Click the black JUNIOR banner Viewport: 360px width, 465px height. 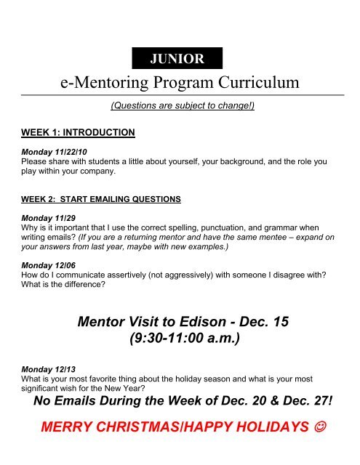tap(177, 58)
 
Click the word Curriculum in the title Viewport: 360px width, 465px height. tap(252, 84)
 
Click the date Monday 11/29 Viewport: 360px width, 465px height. tap(43, 217)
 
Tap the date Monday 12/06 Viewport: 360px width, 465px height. tap(43, 267)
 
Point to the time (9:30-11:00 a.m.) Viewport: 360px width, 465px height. tap(180, 339)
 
